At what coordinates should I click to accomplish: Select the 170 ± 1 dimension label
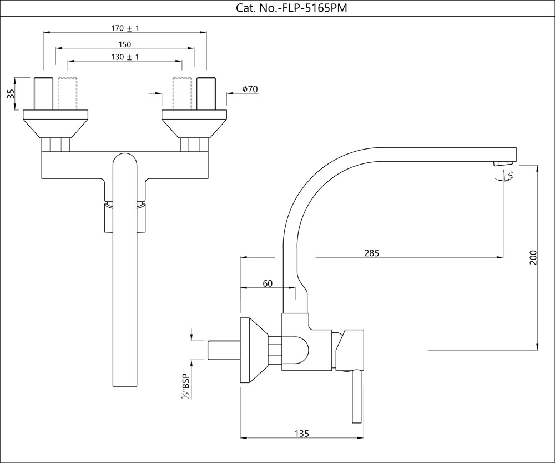[125, 28]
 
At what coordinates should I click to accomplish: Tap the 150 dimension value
[125, 44]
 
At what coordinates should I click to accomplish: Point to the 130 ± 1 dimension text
[125, 57]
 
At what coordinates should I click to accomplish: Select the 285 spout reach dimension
[371, 253]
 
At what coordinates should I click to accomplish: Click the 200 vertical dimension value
[533, 257]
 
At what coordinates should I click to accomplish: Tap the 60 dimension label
[268, 283]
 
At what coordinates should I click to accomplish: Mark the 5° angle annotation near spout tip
[510, 175]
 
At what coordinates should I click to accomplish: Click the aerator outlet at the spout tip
[503, 162]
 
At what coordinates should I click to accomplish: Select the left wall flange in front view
[56, 123]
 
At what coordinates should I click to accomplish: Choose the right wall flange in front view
[194, 123]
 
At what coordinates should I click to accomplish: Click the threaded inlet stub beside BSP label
[223, 351]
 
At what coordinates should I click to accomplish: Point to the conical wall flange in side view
[253, 351]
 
